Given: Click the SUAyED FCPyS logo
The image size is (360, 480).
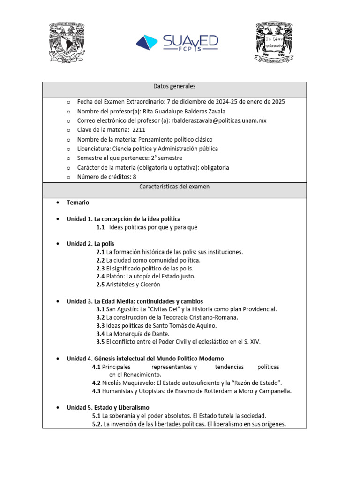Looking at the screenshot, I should point(177,42).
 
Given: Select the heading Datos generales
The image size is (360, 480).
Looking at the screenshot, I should point(174,87).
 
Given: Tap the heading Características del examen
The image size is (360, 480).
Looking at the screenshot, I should point(174,187).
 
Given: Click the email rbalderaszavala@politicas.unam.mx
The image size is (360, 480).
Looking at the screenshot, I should point(219,120).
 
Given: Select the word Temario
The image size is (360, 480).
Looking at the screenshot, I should point(78,203).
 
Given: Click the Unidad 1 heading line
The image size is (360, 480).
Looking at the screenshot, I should point(123,219).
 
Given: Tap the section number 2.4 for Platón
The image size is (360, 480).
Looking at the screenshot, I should point(100,276).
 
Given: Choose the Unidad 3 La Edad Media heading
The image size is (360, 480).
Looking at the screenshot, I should point(135,301).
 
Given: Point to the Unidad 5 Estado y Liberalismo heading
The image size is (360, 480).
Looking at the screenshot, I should point(108,408).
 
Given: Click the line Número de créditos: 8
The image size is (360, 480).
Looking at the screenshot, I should point(107,177).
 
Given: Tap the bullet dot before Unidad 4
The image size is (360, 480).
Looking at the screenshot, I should point(57,359).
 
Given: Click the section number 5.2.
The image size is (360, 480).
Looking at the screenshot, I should point(97,424).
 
